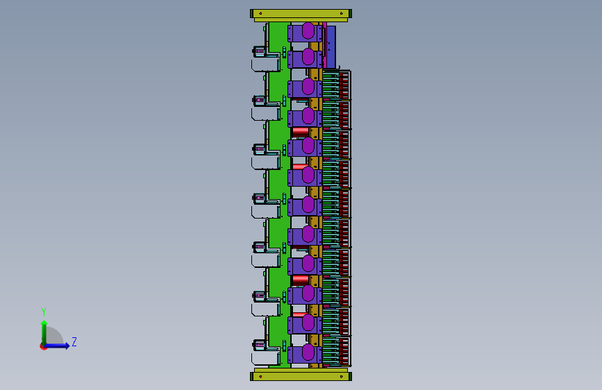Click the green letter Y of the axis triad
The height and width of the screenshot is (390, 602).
[44, 312]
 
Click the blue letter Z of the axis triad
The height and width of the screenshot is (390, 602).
[74, 341]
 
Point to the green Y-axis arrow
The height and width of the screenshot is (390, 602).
[44, 332]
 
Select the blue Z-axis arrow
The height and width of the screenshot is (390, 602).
[60, 345]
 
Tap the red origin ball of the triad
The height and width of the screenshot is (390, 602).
[43, 346]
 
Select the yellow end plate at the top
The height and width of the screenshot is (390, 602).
[301, 14]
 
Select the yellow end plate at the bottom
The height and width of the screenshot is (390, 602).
[301, 376]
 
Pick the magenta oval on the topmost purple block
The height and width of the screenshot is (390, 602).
[308, 31]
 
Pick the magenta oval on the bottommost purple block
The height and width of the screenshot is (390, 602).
[308, 353]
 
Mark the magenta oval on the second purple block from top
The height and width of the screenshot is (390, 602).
[308, 57]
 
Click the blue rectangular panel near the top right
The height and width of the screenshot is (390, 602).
[331, 46]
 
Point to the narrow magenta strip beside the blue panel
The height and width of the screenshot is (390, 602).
[324, 44]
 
